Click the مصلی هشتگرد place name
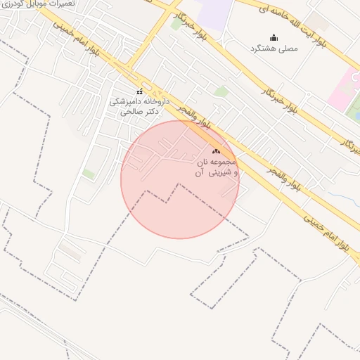(274, 49)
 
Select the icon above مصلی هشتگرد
(274, 37)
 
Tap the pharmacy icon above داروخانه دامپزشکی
(139, 92)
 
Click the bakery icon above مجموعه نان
(216, 151)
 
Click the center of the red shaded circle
(180, 179)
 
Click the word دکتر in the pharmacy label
(147, 111)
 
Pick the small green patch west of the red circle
(89, 173)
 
